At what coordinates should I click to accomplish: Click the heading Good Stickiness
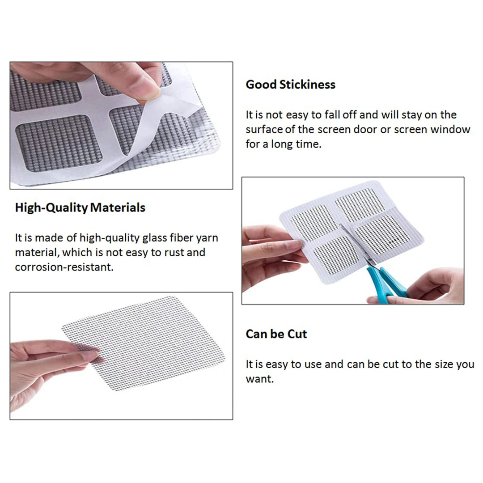pyautogui.click(x=291, y=85)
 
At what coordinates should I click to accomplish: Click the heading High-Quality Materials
pyautogui.click(x=80, y=208)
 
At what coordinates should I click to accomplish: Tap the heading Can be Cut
pyautogui.click(x=276, y=334)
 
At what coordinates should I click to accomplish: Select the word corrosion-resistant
pyautogui.click(x=64, y=267)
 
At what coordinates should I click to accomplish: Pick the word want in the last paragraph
pyautogui.click(x=259, y=379)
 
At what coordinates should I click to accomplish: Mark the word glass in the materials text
pyautogui.click(x=154, y=238)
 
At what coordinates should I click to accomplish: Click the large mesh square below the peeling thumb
pyautogui.click(x=59, y=143)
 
